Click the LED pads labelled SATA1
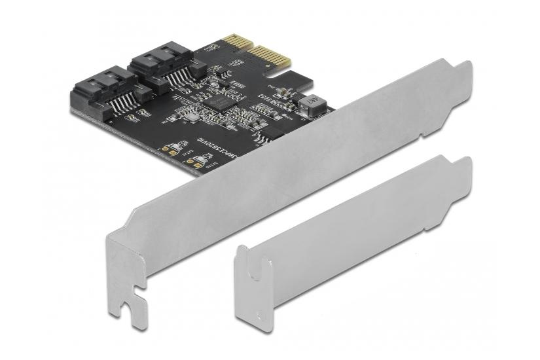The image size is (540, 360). click(171, 148)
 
